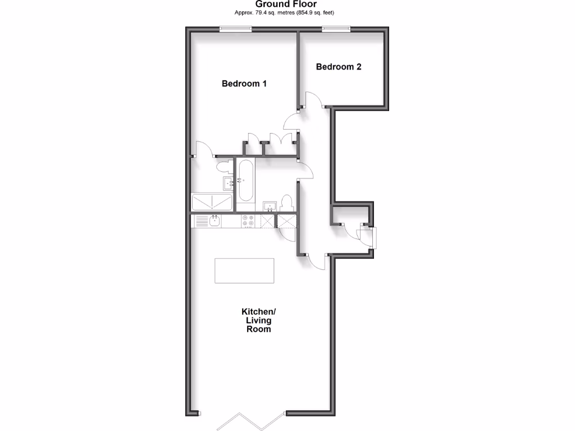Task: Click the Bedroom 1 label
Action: click(x=244, y=84)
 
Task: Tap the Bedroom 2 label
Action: click(x=339, y=67)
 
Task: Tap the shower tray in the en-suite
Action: click(x=212, y=203)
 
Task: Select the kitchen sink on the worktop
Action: click(x=215, y=221)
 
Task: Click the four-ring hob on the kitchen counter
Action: click(x=248, y=221)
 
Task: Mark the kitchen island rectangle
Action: click(x=244, y=270)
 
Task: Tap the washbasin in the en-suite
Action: click(x=228, y=183)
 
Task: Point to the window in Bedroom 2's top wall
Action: click(x=336, y=28)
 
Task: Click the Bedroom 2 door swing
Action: click(x=313, y=101)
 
